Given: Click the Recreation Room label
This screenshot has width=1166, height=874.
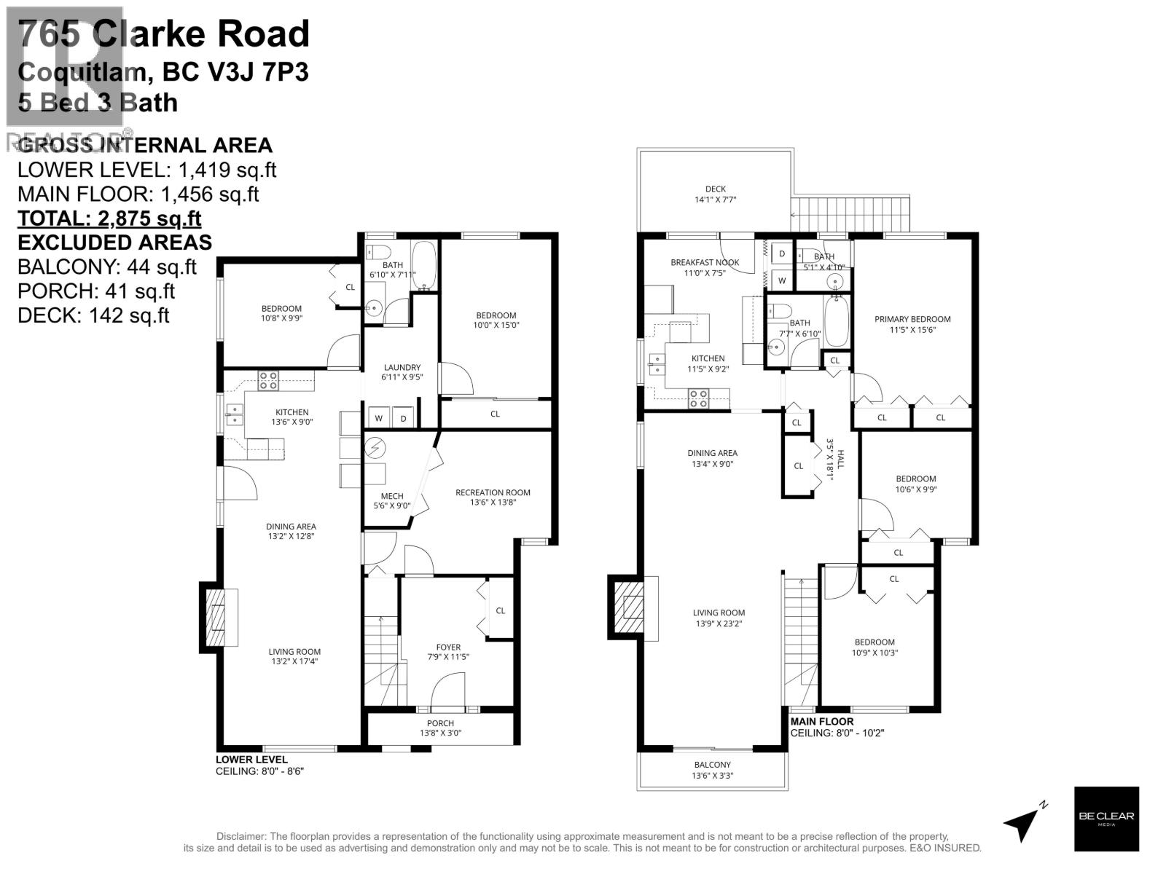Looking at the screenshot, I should (493, 492).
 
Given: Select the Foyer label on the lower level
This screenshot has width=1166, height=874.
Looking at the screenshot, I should (448, 647).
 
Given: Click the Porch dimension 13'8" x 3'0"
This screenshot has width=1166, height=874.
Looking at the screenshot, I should (440, 733).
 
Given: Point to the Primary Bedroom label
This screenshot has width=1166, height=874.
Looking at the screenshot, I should (912, 319).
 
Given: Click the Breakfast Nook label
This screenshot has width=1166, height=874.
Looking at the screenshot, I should (705, 262).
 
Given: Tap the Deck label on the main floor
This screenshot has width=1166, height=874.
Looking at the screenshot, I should (715, 189).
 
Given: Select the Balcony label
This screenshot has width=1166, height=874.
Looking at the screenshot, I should (712, 765).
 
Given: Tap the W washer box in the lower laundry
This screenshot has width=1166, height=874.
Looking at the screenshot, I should (379, 418).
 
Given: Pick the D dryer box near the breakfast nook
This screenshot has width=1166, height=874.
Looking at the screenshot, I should (782, 253).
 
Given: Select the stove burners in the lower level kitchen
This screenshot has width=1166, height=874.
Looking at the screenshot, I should (267, 380).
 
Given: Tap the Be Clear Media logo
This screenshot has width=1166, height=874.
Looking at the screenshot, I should (1106, 819).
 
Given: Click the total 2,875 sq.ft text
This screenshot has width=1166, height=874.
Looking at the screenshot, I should (109, 219).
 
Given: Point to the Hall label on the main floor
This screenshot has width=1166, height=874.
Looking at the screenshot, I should (834, 459).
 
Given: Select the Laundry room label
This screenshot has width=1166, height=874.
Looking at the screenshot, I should (402, 368).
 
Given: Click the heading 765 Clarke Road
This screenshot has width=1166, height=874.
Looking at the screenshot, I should (164, 35).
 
